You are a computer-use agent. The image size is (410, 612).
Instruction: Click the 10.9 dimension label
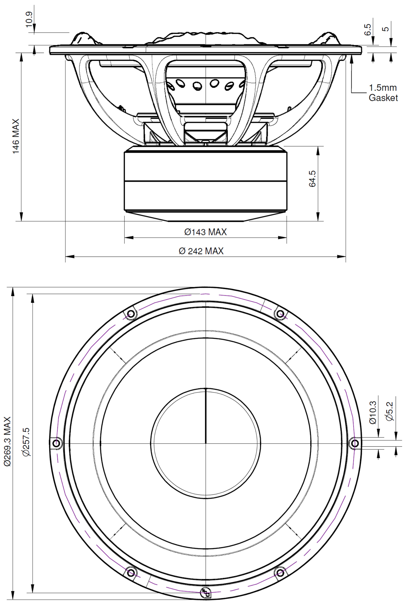(x=29, y=19)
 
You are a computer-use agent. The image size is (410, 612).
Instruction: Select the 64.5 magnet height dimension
(x=312, y=179)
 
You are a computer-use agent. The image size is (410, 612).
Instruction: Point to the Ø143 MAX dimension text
(x=205, y=232)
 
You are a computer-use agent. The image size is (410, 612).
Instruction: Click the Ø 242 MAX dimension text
(x=201, y=251)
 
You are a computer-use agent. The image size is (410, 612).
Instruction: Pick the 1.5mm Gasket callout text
(x=383, y=93)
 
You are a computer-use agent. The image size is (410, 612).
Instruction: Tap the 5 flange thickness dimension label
(x=385, y=29)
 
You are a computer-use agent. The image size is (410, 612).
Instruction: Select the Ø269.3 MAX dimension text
(x=7, y=441)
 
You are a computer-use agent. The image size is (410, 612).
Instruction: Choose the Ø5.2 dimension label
(x=389, y=411)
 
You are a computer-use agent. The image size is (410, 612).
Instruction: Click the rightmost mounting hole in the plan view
(x=355, y=443)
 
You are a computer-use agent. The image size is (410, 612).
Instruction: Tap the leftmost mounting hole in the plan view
(x=56, y=443)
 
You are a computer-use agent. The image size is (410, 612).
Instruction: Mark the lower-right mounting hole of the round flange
(x=280, y=572)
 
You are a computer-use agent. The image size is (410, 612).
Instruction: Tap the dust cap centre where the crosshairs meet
(x=205, y=443)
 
